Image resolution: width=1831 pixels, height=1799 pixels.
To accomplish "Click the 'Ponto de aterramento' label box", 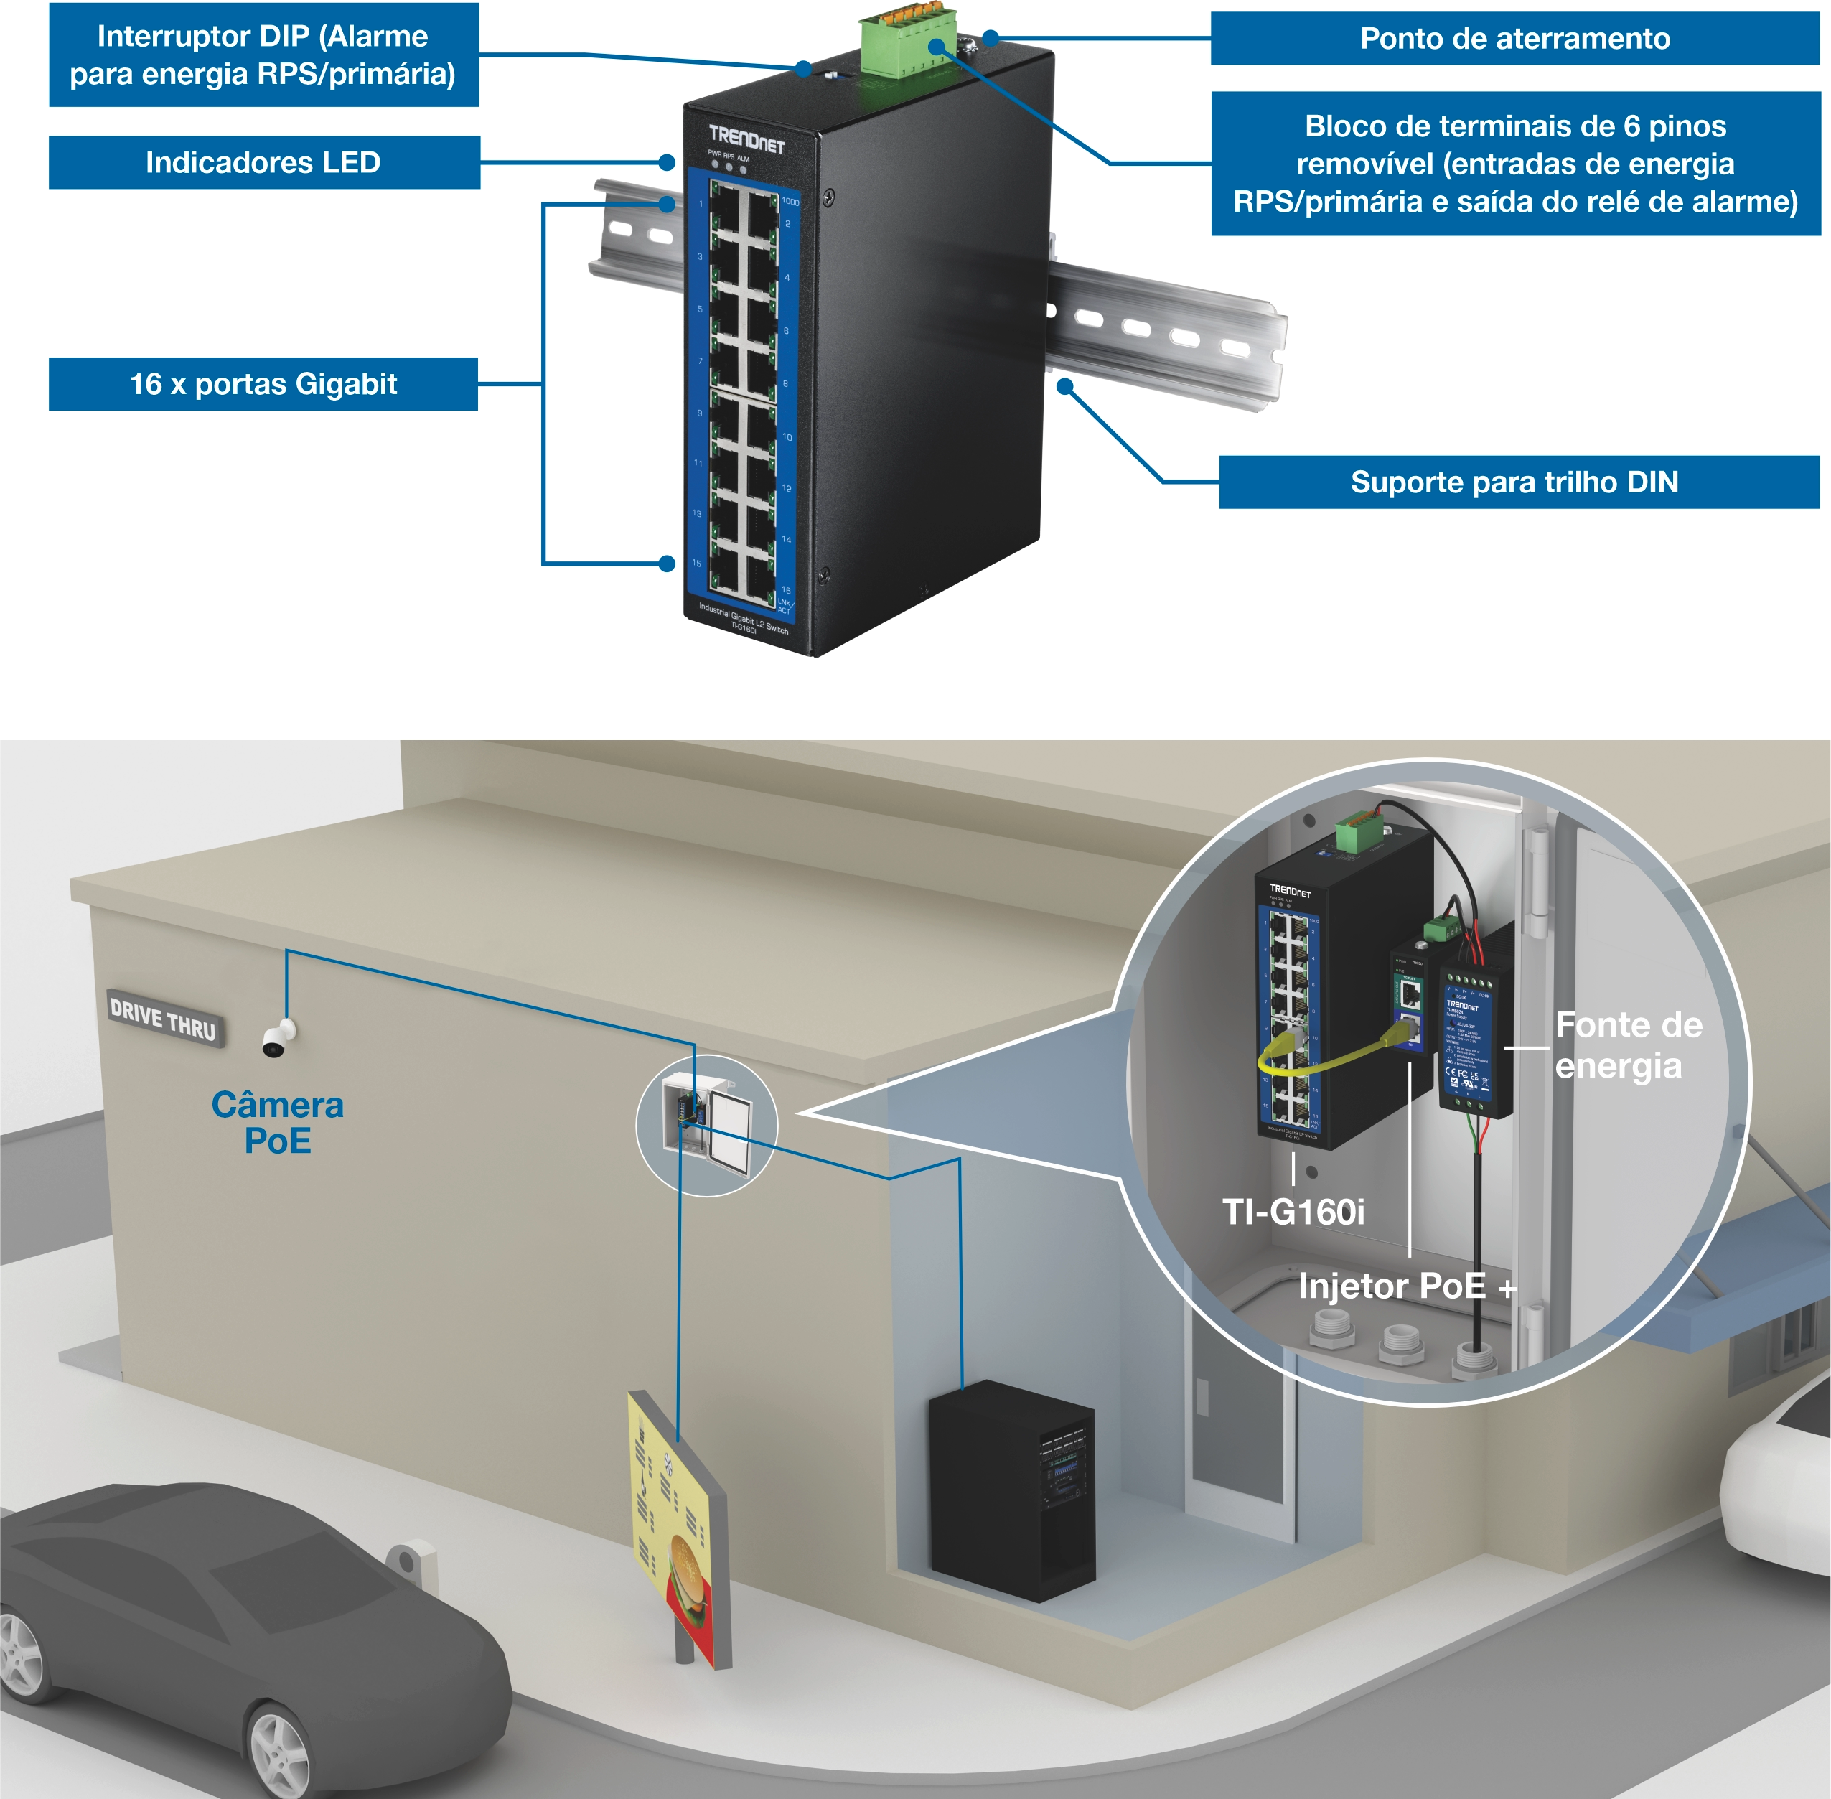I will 1514,39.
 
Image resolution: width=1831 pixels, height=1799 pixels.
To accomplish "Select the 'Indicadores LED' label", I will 263,162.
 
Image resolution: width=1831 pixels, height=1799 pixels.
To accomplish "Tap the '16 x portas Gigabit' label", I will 263,383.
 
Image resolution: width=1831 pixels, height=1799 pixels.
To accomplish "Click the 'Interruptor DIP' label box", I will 263,55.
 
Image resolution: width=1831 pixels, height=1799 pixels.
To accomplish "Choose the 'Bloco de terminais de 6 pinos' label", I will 1514,164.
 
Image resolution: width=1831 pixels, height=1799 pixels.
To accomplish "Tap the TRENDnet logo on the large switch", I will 746,138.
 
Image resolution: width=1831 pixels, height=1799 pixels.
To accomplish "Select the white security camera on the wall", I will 277,1038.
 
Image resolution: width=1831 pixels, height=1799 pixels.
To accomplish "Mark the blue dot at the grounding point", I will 990,39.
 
